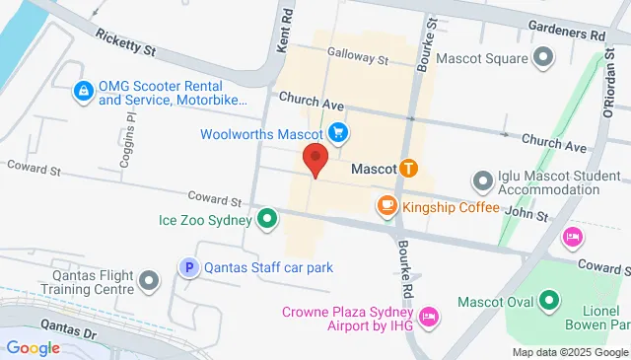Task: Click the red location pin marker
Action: [x=315, y=159]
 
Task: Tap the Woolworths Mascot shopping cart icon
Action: [x=338, y=132]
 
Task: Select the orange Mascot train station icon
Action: [x=407, y=170]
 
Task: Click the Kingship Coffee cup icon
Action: [x=386, y=206]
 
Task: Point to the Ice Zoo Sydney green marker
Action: [x=266, y=219]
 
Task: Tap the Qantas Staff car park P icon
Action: [x=187, y=266]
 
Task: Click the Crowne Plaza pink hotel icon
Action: [x=428, y=318]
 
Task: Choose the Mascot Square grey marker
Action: [x=542, y=58]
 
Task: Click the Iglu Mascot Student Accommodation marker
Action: [x=482, y=181]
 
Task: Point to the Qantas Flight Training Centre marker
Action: [x=149, y=282]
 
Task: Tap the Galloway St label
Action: [x=359, y=59]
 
